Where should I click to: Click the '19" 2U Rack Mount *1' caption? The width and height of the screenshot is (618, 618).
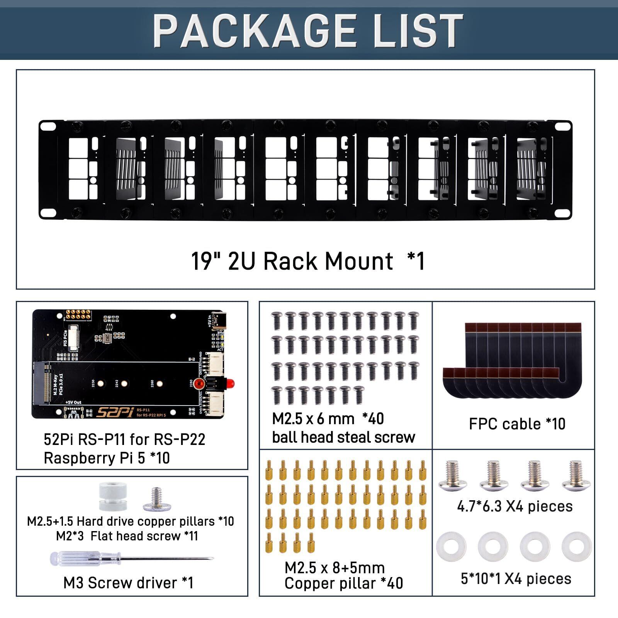point(308,261)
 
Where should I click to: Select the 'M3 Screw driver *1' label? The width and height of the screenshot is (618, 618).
point(128,583)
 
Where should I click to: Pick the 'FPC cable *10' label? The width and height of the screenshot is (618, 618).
point(517,424)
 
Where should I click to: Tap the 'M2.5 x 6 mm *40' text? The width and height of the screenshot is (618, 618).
point(328,419)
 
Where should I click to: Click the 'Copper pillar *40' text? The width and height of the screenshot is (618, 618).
point(343,583)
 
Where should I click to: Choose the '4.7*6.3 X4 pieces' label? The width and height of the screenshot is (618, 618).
point(514,506)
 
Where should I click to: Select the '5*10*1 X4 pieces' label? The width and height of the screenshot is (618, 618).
point(516,579)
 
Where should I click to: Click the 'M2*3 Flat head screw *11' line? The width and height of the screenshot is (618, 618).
point(127,536)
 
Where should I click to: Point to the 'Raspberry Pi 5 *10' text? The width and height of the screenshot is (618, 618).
point(107,458)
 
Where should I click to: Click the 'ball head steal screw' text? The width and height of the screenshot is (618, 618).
point(343,437)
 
